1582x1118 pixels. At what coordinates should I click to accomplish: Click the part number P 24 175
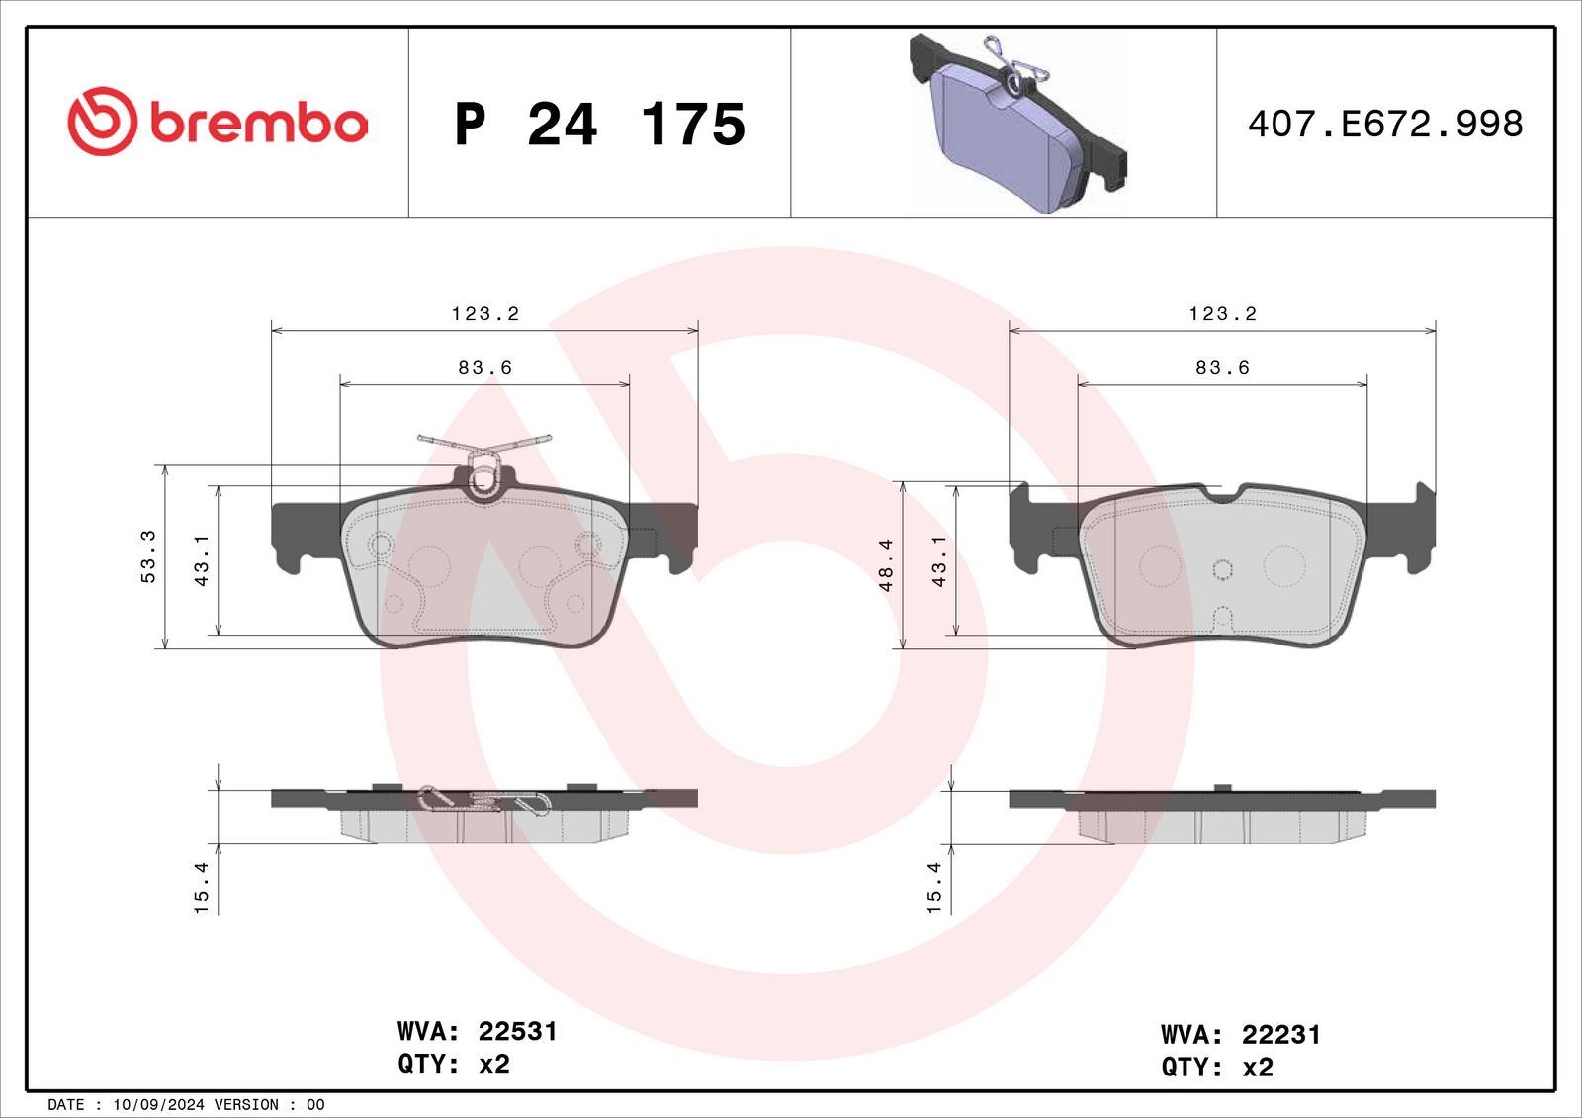(x=600, y=125)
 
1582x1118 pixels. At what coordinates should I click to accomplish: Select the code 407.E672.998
(x=1385, y=125)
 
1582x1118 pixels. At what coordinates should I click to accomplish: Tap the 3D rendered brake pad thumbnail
(x=1017, y=123)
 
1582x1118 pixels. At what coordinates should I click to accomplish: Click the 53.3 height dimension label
(x=148, y=557)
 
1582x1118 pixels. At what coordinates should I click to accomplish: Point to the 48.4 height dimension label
(x=886, y=564)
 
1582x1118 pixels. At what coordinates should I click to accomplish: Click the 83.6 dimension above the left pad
(x=485, y=368)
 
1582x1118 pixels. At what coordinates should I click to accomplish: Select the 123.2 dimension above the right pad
(x=1222, y=313)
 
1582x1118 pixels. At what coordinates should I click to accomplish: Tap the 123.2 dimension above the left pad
(x=485, y=313)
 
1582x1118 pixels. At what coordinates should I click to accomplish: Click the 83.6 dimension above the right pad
(x=1222, y=368)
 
